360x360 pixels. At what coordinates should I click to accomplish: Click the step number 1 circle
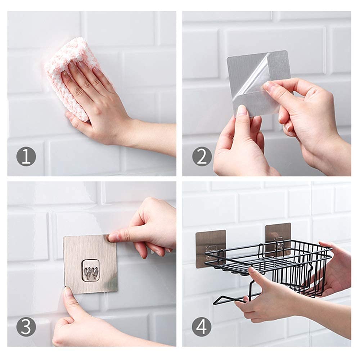click(26, 157)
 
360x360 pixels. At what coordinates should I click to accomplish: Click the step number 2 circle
click(202, 157)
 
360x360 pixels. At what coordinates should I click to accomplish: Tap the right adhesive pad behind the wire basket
click(278, 234)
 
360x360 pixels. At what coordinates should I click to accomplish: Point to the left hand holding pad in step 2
click(238, 144)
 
